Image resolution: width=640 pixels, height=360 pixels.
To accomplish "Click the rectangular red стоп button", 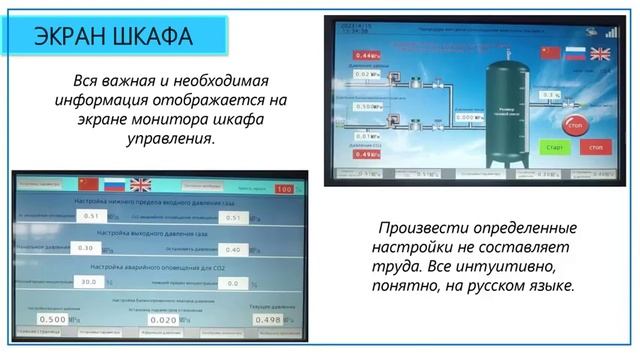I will (596, 147).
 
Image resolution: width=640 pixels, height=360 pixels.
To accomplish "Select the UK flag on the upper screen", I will (599, 53).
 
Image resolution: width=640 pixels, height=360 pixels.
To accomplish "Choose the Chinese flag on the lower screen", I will (88, 184).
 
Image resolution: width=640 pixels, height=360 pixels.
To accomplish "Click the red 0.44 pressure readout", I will (368, 55).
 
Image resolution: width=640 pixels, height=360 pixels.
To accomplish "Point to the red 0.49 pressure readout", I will (368, 154).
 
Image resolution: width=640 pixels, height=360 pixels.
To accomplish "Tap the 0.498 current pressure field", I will (267, 319).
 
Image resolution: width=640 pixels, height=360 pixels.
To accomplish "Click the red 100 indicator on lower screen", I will (284, 187).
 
